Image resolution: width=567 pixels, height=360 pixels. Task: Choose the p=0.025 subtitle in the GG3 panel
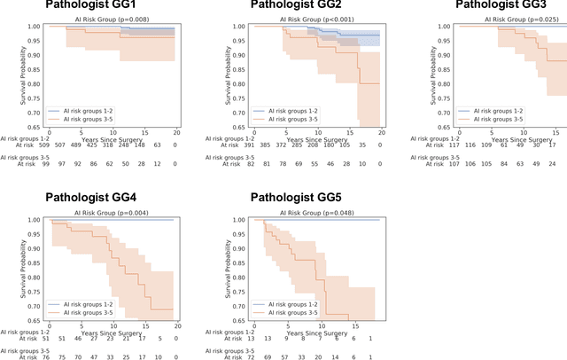coord(509,18)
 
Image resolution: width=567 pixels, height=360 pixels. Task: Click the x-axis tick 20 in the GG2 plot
coord(381,130)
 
